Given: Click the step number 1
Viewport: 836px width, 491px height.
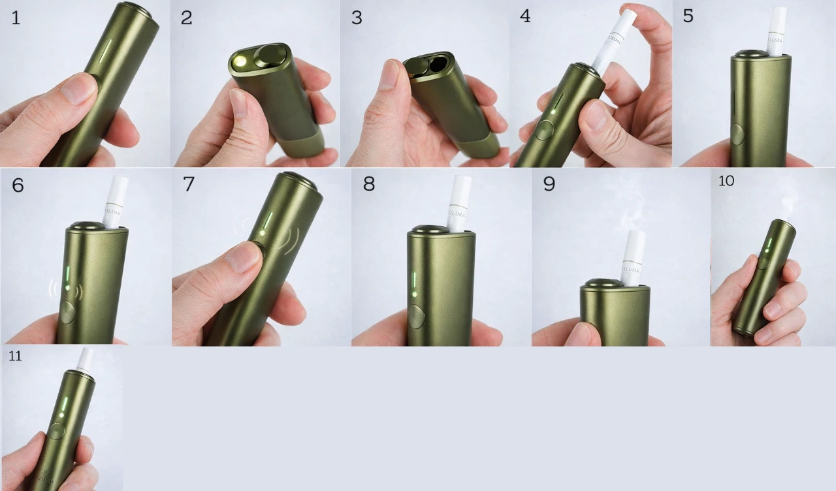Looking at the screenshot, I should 16,18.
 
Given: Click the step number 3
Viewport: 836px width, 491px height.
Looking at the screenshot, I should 357,18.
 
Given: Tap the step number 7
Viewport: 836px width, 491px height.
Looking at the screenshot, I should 189,184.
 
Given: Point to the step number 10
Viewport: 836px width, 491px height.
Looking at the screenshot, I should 726,181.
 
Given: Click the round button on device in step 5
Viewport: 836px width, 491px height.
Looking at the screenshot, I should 737,135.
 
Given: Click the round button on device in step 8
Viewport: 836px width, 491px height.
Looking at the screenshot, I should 415,317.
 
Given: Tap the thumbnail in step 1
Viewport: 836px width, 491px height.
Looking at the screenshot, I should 78,88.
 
